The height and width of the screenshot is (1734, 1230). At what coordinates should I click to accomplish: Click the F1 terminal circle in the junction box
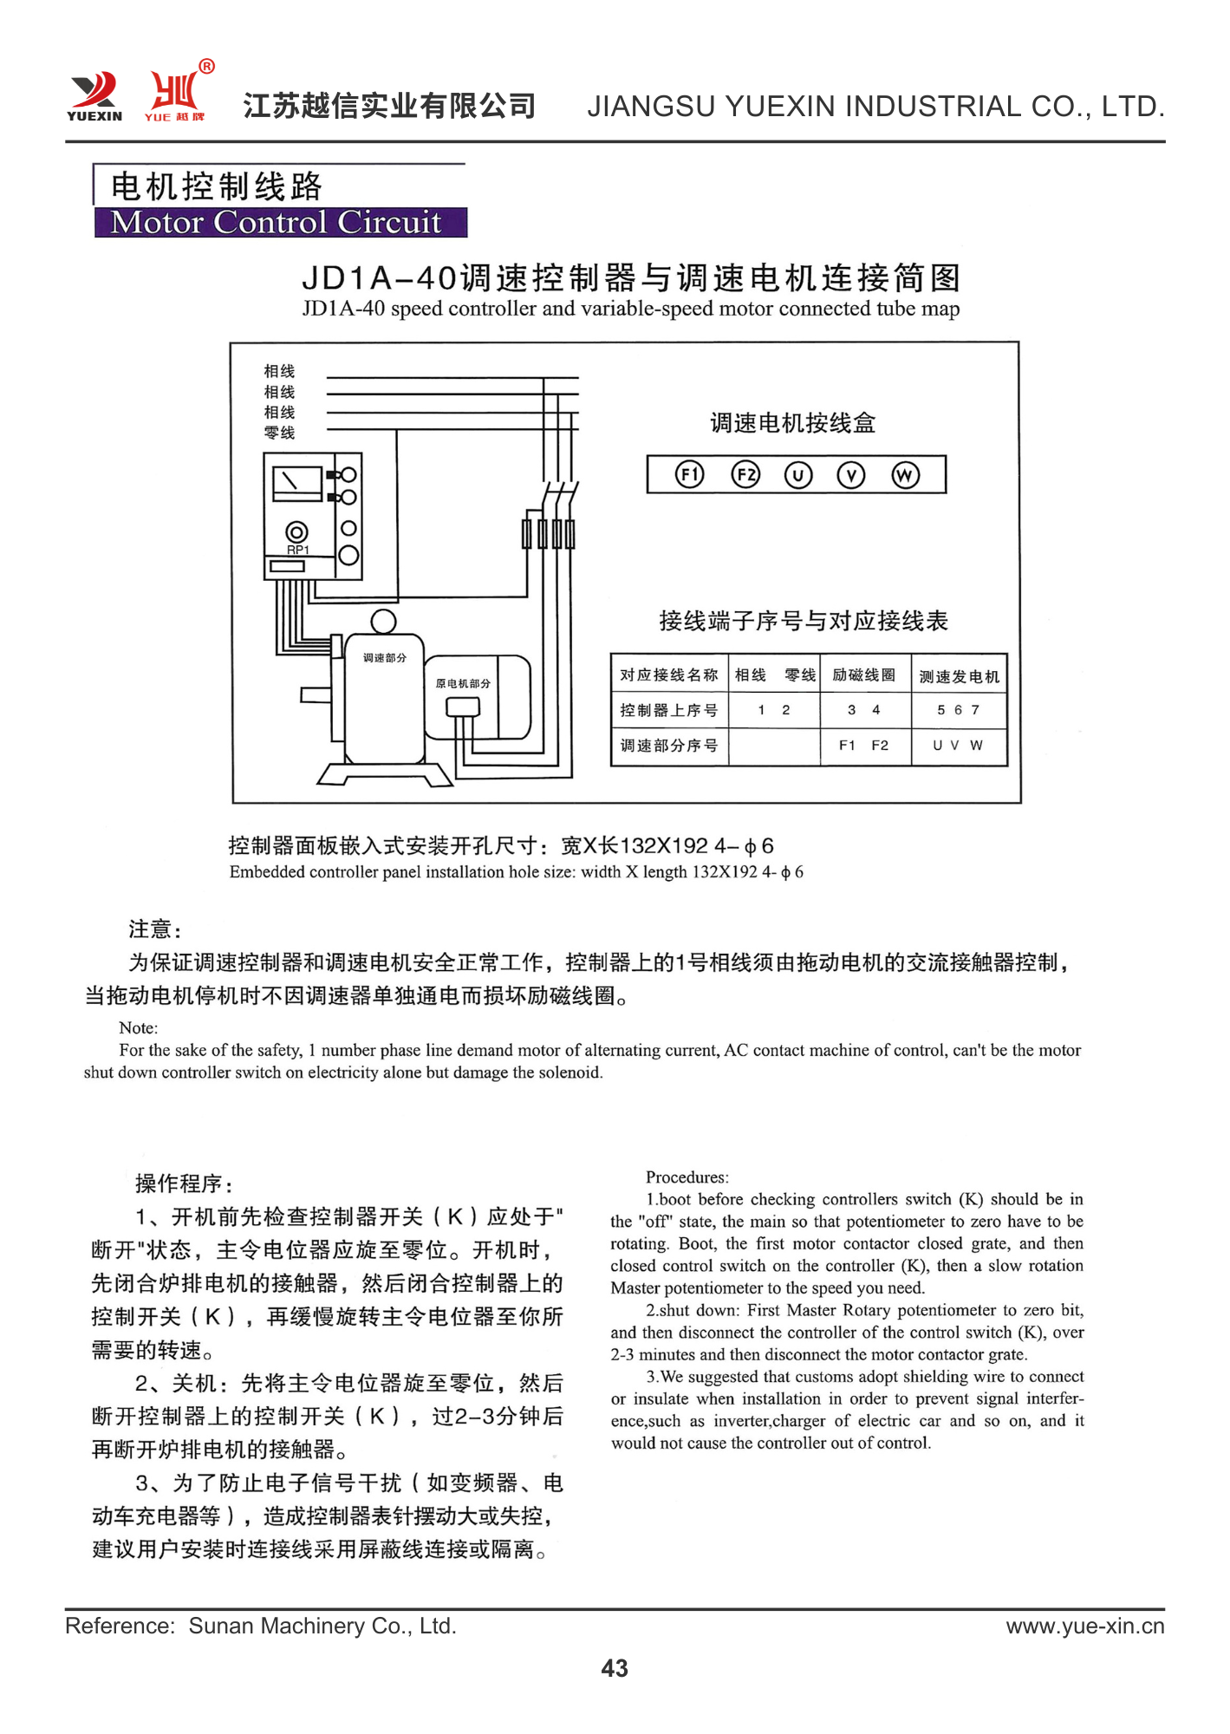coord(689,474)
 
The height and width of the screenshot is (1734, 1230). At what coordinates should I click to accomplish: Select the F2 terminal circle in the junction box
coord(745,474)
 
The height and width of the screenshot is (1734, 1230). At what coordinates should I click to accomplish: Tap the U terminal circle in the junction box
coord(798,475)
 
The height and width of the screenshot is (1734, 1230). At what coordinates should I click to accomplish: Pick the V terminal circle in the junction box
coord(851,475)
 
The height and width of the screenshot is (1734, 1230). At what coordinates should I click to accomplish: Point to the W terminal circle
coord(905,475)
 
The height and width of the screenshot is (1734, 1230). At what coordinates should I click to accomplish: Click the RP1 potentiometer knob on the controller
coord(296,532)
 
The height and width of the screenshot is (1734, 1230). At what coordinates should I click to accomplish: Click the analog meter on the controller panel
coord(296,482)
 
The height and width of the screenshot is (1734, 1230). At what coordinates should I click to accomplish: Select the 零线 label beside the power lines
coord(279,433)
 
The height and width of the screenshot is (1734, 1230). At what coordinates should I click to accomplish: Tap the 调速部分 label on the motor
coord(384,658)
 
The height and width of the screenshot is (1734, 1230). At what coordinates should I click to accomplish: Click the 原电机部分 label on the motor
coord(463,683)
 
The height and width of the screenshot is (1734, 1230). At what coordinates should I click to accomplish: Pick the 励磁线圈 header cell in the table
coord(864,675)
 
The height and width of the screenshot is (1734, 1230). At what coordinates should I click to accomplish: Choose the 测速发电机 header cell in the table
coord(959,676)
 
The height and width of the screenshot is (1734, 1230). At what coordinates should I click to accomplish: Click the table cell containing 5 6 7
coord(958,710)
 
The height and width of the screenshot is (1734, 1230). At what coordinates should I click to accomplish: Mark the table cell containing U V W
coord(958,746)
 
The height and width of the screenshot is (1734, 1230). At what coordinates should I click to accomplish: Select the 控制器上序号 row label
coord(668,710)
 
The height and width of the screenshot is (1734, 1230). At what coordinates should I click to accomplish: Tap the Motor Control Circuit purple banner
coord(280,223)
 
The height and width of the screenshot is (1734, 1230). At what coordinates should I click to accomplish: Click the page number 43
coord(615,1668)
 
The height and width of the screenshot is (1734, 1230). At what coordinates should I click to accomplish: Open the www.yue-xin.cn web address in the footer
coord(1084,1626)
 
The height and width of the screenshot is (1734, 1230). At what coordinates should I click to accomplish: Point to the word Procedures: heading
coord(687,1177)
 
